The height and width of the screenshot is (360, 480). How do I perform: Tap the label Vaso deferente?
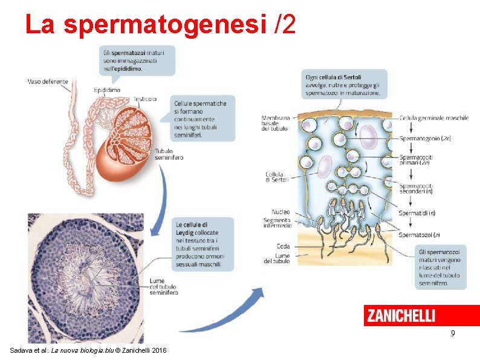[48, 82]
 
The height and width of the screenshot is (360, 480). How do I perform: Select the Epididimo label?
[107, 90]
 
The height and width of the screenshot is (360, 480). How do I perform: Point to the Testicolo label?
[144, 99]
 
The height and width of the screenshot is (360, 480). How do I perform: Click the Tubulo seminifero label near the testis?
[168, 154]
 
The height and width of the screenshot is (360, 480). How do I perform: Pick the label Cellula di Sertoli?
[277, 177]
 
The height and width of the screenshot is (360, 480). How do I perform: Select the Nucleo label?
[281, 212]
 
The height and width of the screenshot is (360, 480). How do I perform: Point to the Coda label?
[283, 246]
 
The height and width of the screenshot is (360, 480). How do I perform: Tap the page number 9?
[452, 333]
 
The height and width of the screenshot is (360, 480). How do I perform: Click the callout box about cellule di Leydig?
[201, 244]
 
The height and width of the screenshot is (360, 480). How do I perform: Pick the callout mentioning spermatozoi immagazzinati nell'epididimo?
[137, 61]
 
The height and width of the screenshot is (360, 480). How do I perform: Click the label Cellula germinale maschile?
[434, 118]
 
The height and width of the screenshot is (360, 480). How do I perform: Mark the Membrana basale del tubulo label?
[275, 123]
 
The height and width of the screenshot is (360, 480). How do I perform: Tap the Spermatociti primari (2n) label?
[416, 160]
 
